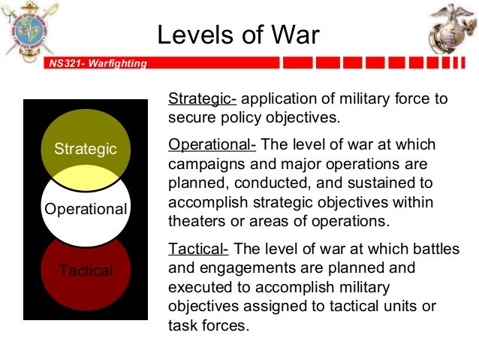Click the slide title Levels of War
[238, 35]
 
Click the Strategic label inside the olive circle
[86, 149]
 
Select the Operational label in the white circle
[86, 209]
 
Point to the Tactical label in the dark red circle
[86, 271]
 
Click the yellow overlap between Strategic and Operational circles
[86, 177]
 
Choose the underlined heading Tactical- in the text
[198, 249]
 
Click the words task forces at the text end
[208, 325]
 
